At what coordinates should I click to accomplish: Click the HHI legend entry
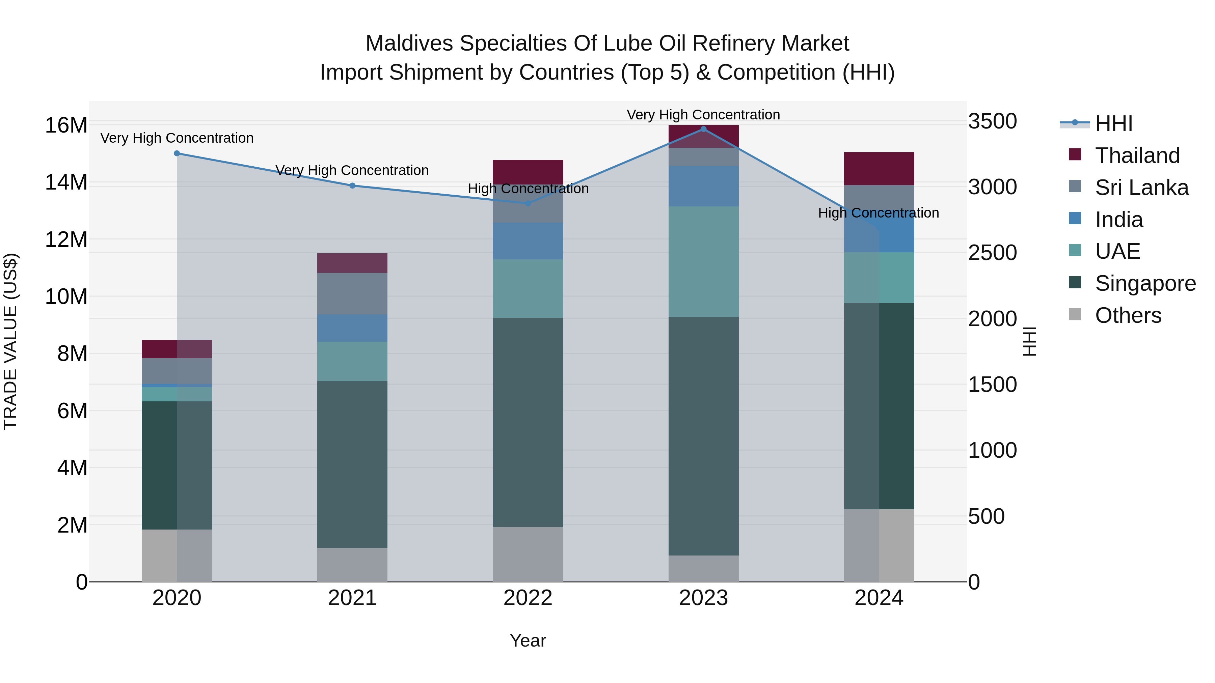click(x=1113, y=123)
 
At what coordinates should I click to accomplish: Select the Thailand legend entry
click(x=1137, y=155)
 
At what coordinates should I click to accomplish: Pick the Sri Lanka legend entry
click(x=1141, y=188)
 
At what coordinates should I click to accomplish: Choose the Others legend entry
click(x=1128, y=315)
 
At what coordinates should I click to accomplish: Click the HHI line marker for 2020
click(x=177, y=153)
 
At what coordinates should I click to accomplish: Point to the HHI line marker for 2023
click(x=703, y=129)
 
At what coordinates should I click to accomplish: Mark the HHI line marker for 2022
click(x=528, y=203)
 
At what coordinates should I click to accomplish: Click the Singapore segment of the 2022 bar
click(x=528, y=422)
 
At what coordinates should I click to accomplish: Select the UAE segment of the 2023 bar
click(x=703, y=262)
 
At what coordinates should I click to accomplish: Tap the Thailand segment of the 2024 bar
click(x=879, y=169)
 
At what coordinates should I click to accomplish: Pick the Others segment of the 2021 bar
click(x=352, y=564)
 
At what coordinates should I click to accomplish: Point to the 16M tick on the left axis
click(x=66, y=126)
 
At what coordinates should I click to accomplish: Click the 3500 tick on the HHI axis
click(x=992, y=121)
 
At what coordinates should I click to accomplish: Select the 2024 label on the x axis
click(x=879, y=598)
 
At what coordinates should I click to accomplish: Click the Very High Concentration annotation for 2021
click(x=352, y=170)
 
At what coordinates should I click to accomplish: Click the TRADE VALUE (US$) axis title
click(x=10, y=341)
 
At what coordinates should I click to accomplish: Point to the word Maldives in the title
click(x=409, y=44)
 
